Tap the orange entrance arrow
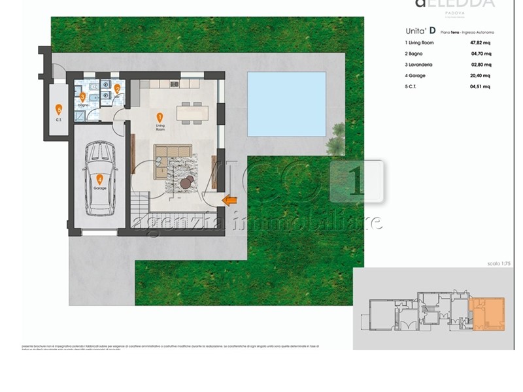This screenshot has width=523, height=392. (230, 200)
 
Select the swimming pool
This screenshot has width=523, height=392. (286, 104)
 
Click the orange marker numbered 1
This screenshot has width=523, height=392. (160, 117)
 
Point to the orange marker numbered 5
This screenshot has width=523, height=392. (59, 109)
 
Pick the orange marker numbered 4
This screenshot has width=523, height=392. (99, 178)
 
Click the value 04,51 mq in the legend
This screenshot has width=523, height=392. (481, 87)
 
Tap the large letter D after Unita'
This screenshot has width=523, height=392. (432, 29)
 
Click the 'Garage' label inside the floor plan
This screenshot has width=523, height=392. (99, 188)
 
